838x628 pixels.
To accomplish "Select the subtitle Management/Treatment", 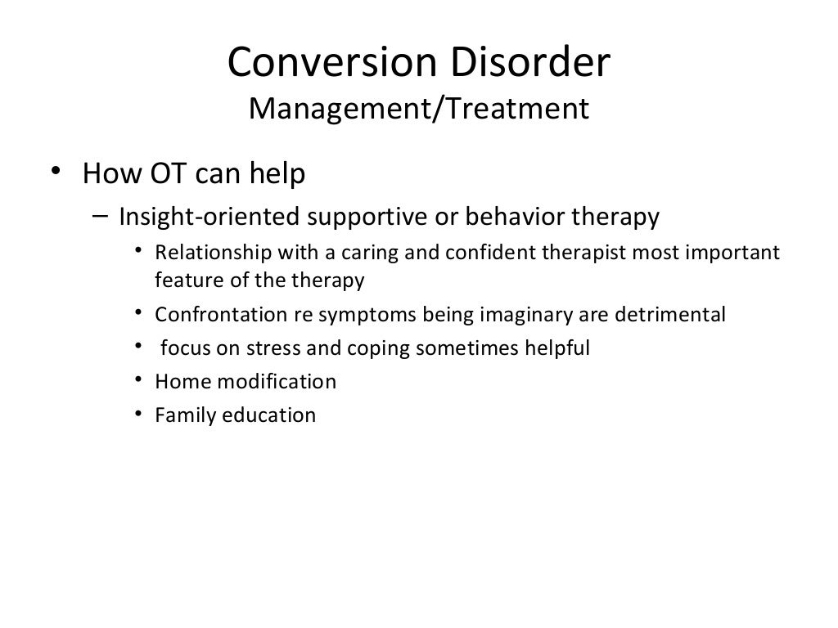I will pyautogui.click(x=418, y=108).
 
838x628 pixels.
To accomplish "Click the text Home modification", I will pyautogui.click(x=246, y=382).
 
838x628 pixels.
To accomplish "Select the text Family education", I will pyautogui.click(x=235, y=415).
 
